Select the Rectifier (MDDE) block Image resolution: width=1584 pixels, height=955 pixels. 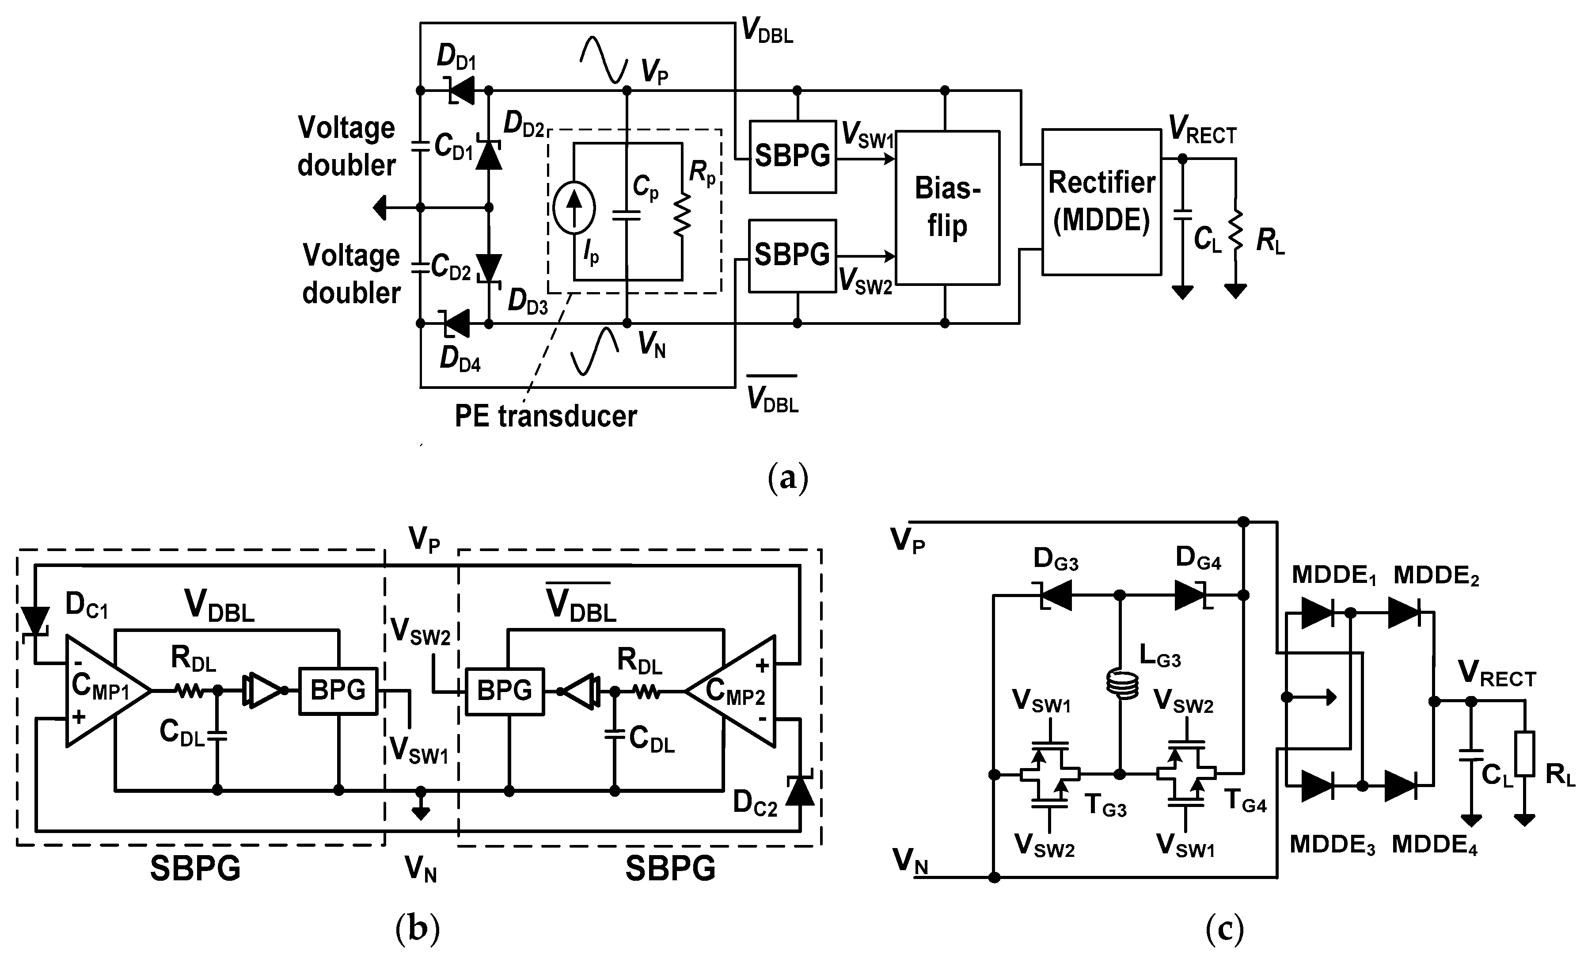tap(1101, 202)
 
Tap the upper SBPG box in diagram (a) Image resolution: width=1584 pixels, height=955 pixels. tap(792, 156)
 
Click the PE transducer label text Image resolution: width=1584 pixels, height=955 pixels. tap(545, 417)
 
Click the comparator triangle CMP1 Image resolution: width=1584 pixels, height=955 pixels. tap(106, 691)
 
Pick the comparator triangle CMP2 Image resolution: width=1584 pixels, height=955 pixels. tap(733, 691)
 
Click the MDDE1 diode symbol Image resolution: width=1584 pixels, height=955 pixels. tap(1317, 613)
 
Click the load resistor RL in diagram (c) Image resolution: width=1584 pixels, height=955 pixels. tap(1524, 754)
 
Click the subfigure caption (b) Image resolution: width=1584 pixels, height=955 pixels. tap(418, 928)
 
